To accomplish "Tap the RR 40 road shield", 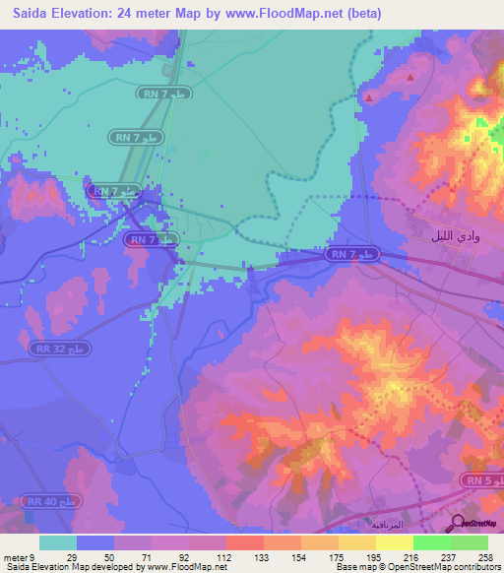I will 55,503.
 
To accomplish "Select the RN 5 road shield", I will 479,480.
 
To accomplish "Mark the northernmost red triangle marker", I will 410,76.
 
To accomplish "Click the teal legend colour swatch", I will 58,542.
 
